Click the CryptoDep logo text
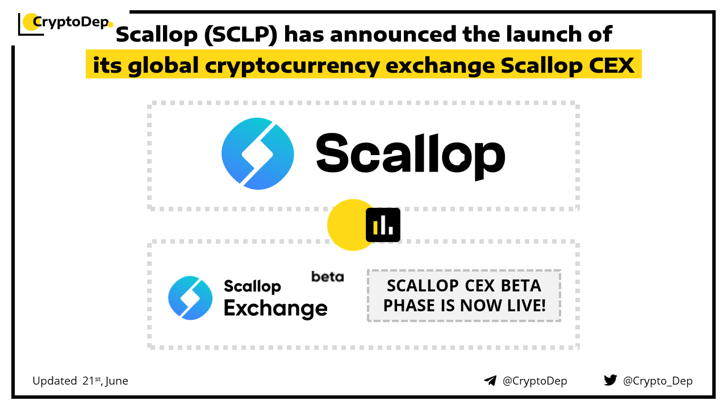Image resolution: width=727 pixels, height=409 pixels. [x=71, y=22]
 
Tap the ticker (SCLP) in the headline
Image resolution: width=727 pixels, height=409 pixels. [x=241, y=35]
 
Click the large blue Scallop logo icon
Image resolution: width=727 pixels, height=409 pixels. [x=258, y=153]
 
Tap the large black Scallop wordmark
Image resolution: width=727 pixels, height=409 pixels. [x=411, y=156]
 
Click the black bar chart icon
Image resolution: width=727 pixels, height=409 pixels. [x=383, y=225]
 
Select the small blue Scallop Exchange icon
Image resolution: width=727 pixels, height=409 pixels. [x=190, y=298]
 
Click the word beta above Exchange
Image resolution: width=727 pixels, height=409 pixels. [x=328, y=277]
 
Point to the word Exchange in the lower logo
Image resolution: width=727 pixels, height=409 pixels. [x=275, y=308]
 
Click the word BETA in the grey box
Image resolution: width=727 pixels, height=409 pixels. [x=521, y=286]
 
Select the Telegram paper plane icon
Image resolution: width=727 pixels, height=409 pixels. [x=490, y=381]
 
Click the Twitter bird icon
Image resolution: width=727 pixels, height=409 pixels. [x=611, y=380]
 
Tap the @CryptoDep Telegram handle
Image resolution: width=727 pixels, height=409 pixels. [x=535, y=381]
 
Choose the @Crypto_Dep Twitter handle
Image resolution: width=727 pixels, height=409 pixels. [x=658, y=381]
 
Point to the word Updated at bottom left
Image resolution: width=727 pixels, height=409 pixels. [x=55, y=381]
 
